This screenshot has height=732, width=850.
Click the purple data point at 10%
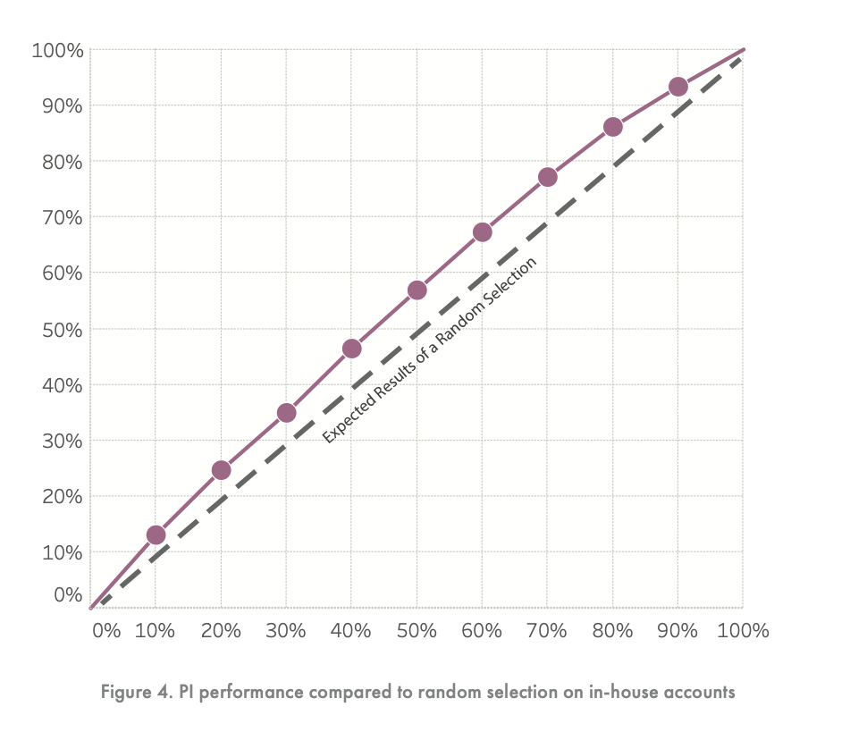click(x=156, y=535)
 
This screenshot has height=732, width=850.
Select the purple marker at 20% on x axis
click(x=221, y=470)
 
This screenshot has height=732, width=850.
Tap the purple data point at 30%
click(x=286, y=412)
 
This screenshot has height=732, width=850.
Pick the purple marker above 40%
click(x=351, y=349)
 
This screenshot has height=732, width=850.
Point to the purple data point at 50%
click(x=417, y=290)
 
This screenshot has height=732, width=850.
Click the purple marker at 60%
click(x=482, y=232)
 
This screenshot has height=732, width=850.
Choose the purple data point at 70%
click(x=547, y=177)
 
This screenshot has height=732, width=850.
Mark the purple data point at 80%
click(x=612, y=127)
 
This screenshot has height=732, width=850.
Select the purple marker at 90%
click(x=677, y=87)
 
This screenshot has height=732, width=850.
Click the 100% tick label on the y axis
click(x=58, y=50)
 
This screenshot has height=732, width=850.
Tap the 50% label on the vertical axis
click(x=63, y=329)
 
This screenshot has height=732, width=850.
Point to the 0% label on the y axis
click(x=69, y=594)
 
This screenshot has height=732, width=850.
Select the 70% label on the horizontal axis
click(x=547, y=630)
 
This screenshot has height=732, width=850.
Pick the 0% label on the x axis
click(x=106, y=630)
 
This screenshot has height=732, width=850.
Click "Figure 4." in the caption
click(x=133, y=693)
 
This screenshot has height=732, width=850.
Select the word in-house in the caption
click(x=619, y=693)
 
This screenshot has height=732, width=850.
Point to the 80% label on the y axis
click(x=63, y=162)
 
